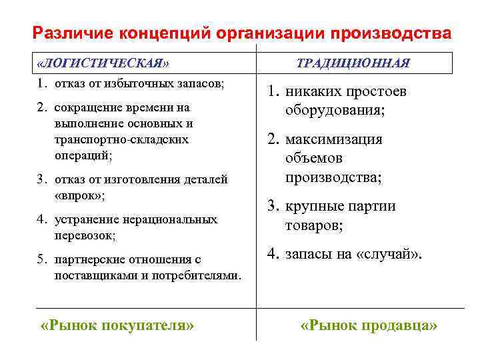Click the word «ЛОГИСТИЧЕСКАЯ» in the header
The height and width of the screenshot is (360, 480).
coord(104,63)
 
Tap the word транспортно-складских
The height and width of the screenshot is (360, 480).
coord(122,139)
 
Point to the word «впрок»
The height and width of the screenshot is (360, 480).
coord(78,195)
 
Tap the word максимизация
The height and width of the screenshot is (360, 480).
coord(334,140)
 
